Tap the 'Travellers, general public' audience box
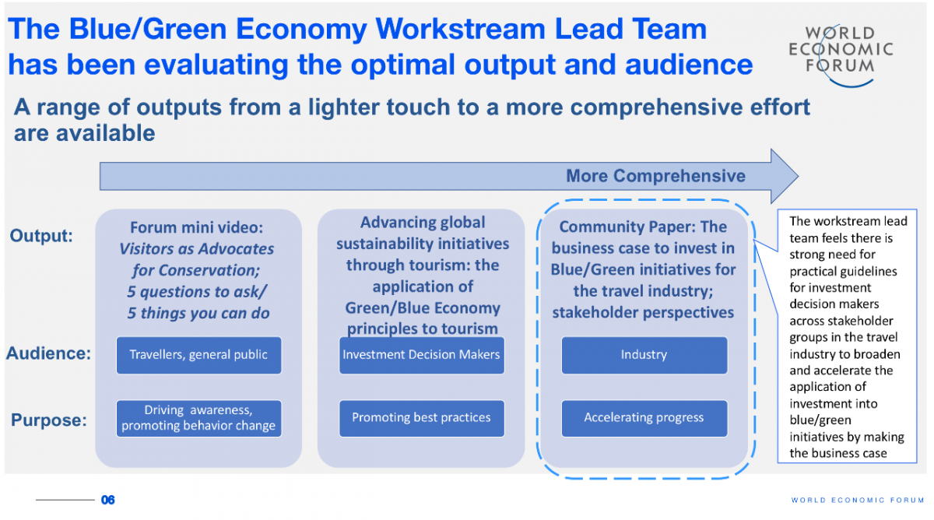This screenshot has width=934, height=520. tap(199, 355)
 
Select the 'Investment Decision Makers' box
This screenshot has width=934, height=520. tap(422, 355)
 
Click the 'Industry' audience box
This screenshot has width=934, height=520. tap(644, 355)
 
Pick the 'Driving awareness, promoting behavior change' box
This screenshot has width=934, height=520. tap(199, 418)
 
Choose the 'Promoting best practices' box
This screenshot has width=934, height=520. tap(422, 418)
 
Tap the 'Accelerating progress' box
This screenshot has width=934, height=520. tap(644, 418)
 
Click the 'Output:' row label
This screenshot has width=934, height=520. tap(41, 236)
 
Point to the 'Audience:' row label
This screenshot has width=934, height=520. tap(48, 353)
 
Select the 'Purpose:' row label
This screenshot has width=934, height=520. tap(49, 420)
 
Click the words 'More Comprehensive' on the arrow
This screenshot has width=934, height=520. tap(655, 176)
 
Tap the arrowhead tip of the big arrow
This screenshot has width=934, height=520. tap(798, 177)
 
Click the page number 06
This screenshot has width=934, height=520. tap(108, 500)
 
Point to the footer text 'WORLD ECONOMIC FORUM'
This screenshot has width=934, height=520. tap(858, 500)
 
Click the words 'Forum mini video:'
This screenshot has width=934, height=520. tap(196, 227)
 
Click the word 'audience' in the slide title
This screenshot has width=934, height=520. tap(689, 65)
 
